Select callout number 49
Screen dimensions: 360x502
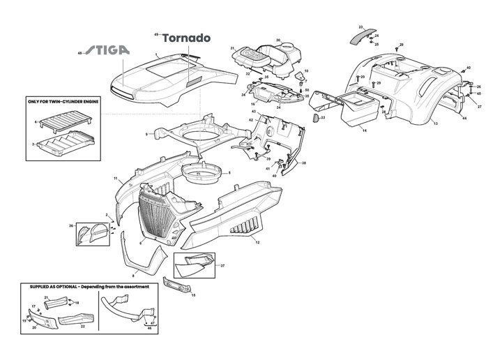point(155,34)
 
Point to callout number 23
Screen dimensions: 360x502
point(360,26)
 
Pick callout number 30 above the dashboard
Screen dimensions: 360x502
point(278,40)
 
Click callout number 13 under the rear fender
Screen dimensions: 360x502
point(435,123)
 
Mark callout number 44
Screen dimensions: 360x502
point(464,119)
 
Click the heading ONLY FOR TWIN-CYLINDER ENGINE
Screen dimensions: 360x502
point(61,100)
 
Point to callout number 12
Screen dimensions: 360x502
point(257,242)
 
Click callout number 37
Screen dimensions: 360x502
point(222,266)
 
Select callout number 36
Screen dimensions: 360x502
point(71,225)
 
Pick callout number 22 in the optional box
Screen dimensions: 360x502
point(83,325)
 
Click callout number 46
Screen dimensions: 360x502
point(149,328)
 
